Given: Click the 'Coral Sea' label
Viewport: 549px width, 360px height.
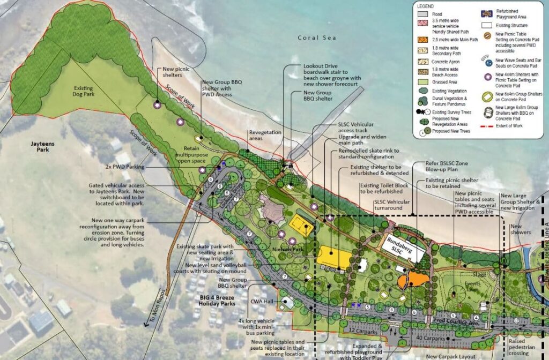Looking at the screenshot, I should tap(317, 38).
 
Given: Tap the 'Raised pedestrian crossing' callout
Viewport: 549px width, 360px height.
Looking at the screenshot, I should tap(520, 346).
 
